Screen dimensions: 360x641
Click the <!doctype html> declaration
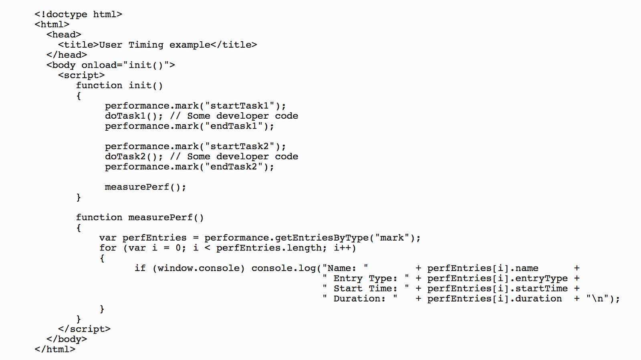pos(78,14)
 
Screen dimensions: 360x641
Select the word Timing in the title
pos(146,45)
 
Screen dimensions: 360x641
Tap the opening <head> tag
pos(64,35)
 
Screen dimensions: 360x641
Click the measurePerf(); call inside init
pos(145,187)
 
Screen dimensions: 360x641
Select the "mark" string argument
pos(392,238)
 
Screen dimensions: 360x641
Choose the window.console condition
pos(199,268)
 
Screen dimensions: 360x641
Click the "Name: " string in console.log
pos(345,268)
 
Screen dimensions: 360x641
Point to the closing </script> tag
pos(84,329)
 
